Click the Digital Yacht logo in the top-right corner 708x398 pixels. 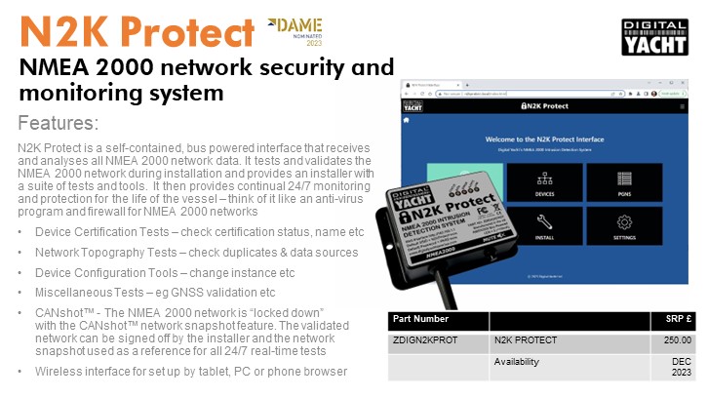pos(655,37)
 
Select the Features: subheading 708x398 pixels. pos(59,124)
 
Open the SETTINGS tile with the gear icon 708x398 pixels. pos(624,224)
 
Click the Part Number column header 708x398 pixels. pos(420,320)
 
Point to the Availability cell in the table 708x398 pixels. pos(517,361)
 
